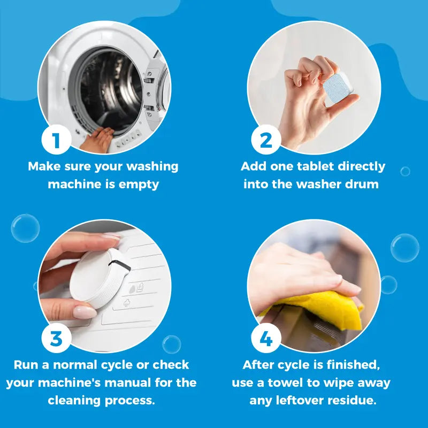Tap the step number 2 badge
(x=266, y=140)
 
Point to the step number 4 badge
(x=266, y=338)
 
